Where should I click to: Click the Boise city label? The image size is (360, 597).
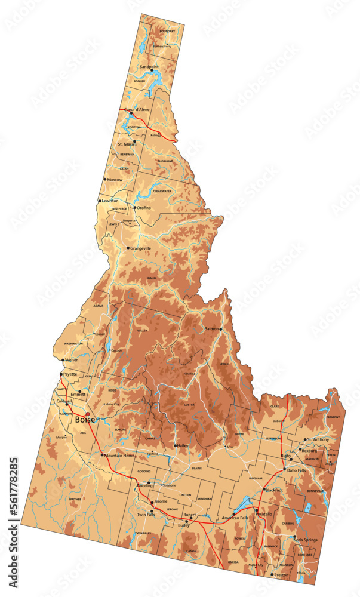coord(85,420)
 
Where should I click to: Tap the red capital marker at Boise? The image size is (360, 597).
coord(88,414)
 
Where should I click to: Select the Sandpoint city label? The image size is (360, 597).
coord(149,67)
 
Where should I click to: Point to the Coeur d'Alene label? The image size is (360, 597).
coord(137,110)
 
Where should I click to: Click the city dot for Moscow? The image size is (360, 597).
coord(105,179)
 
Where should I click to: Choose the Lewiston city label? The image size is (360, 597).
coord(110,201)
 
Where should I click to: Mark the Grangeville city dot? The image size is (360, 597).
coord(128,248)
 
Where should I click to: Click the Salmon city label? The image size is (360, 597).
coord(212,329)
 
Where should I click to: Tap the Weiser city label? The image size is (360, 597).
coord(72,360)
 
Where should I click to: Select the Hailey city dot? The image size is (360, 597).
coord(176,445)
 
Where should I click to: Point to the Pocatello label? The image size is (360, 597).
coord(263,513)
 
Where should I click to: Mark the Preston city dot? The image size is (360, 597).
coord(272,574)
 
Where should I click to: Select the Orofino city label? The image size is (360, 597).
coord(144,208)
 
